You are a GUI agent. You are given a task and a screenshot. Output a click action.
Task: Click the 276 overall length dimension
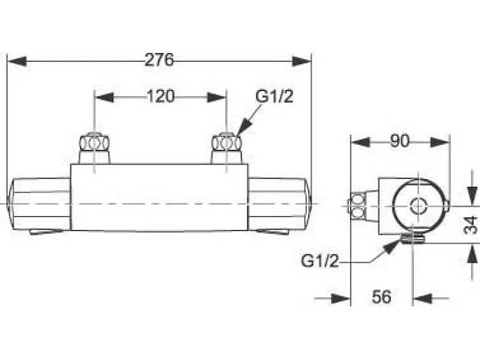pos(159,60)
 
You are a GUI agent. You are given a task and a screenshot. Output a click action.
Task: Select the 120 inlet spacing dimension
pos(160,97)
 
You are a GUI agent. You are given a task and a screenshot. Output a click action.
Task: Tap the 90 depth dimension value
pos(400,141)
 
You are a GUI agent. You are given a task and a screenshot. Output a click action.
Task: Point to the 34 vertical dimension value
pos(471,225)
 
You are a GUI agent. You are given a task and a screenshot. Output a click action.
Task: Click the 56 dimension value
pos(382,297)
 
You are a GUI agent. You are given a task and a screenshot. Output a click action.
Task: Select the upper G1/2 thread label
pos(274,97)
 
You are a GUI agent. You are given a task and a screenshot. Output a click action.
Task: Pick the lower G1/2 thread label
pos(320,261)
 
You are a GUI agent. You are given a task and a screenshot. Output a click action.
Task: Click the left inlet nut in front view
pos(94,142)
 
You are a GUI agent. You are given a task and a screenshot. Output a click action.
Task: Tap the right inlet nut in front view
pos(226,142)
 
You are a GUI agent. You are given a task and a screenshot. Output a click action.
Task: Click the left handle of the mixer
pos(39,204)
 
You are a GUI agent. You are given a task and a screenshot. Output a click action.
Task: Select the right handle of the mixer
pos(280,204)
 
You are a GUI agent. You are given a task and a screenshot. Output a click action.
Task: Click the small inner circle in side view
pos(418,205)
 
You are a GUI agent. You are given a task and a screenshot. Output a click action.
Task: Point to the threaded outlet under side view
pos(412,238)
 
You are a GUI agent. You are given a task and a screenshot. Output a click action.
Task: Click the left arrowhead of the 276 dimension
pos(16,61)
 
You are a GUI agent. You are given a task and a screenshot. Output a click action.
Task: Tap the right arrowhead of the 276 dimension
pos(301,61)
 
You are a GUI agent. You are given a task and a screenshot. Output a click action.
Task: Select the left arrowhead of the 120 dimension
pos(104,97)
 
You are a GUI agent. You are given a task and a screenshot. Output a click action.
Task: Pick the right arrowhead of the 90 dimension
pos(441,142)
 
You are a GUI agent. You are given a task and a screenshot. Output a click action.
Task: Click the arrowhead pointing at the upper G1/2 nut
pos(244,127)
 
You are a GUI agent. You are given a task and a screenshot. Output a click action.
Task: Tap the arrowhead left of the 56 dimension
pos(340,298)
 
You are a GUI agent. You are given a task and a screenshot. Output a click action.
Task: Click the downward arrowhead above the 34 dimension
pos(473,196)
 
